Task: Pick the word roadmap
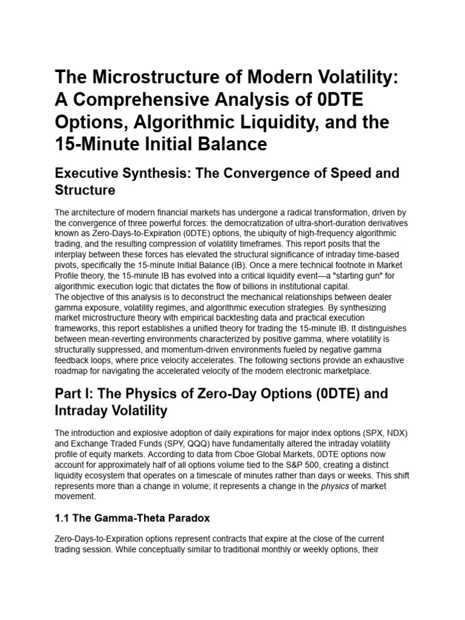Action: (74, 371)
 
